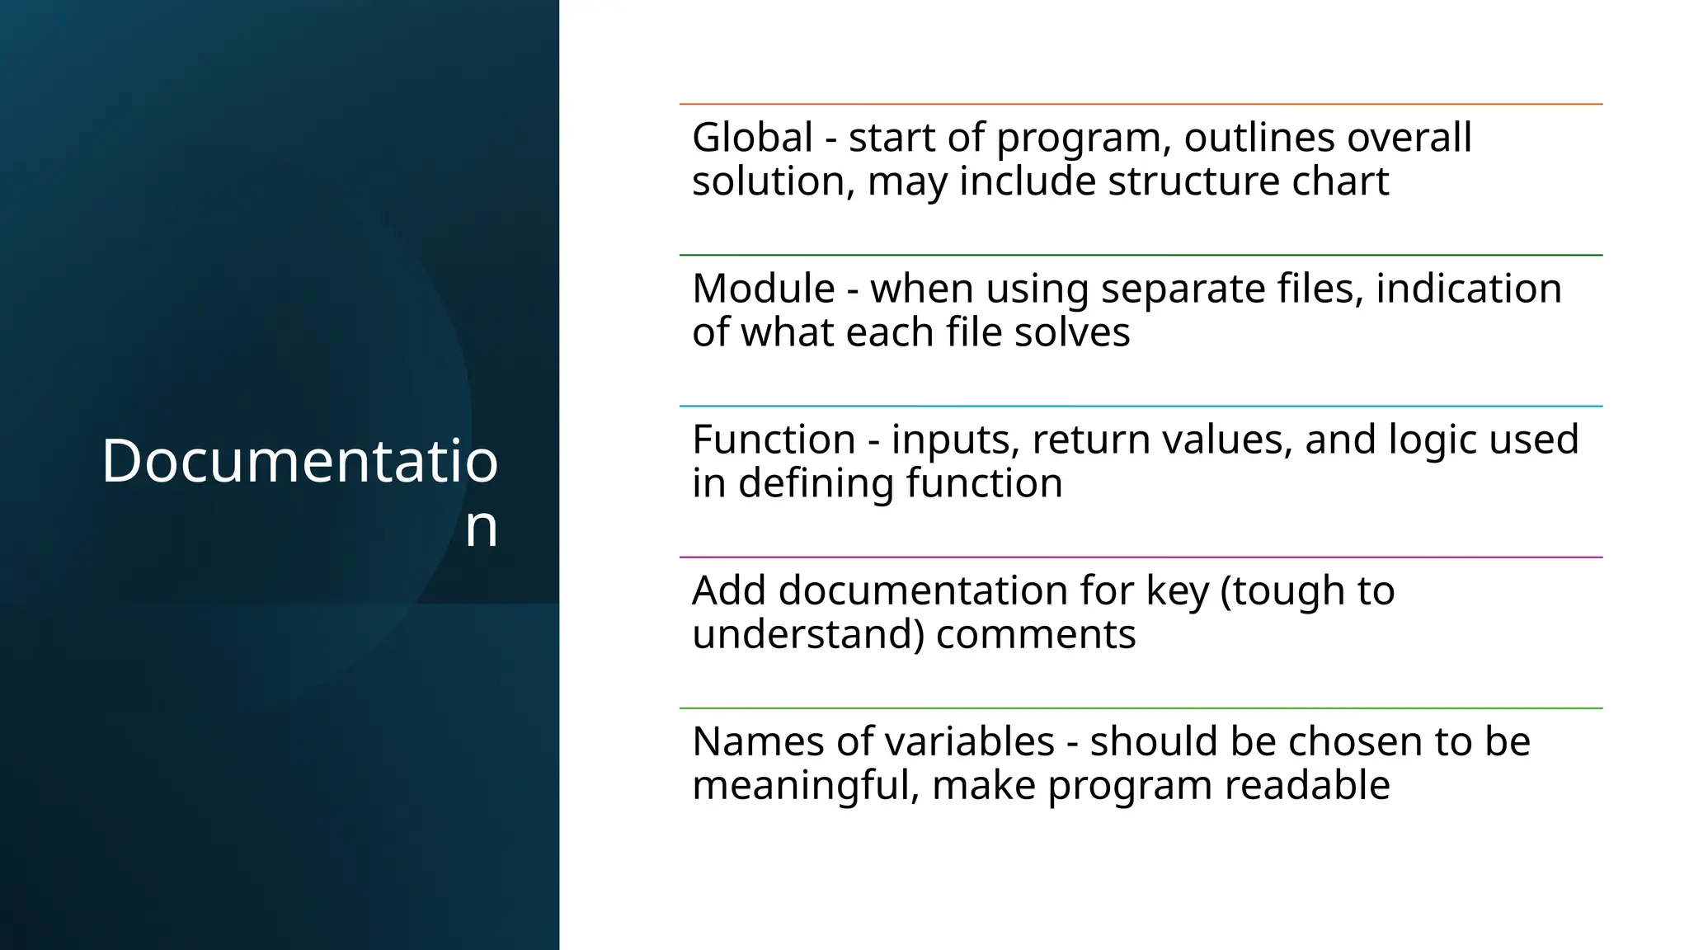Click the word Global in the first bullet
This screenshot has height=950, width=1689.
pyautogui.click(x=752, y=138)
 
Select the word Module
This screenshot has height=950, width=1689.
pyautogui.click(x=763, y=289)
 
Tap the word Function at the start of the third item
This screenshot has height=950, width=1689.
pyautogui.click(x=773, y=440)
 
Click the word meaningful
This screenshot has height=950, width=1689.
pyautogui.click(x=806, y=785)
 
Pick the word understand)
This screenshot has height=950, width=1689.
pyautogui.click(x=807, y=635)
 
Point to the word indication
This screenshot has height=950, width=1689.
pyautogui.click(x=1469, y=289)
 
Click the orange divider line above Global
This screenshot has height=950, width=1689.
pyautogui.click(x=1141, y=104)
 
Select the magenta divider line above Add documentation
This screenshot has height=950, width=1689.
pyautogui.click(x=1141, y=557)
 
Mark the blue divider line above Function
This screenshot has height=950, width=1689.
pyautogui.click(x=1141, y=406)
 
